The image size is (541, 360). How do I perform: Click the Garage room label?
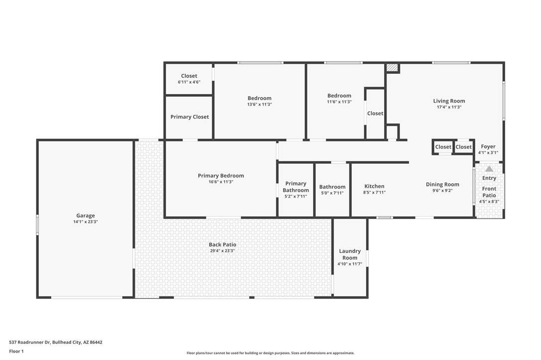click(86, 216)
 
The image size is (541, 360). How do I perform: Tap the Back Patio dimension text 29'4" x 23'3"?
click(222, 250)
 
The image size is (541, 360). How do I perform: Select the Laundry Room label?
click(350, 254)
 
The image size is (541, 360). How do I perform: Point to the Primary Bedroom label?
click(221, 175)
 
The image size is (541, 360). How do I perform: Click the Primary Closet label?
click(189, 117)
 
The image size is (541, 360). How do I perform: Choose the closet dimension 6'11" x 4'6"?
click(189, 82)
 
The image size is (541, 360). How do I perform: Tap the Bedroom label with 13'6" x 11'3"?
click(260, 98)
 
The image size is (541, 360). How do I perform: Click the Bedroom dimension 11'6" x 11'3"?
click(339, 102)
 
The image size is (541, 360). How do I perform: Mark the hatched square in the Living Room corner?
click(392, 68)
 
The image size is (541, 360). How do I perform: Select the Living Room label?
click(449, 101)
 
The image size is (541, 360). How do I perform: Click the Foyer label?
click(488, 146)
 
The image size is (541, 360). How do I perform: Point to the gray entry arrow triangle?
click(489, 169)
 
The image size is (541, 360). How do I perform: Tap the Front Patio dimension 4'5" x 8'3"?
click(489, 202)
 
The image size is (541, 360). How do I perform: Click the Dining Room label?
click(442, 185)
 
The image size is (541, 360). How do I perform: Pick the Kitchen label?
click(374, 186)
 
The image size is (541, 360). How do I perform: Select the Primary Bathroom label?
click(296, 187)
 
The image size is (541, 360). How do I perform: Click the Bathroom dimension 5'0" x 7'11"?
click(332, 193)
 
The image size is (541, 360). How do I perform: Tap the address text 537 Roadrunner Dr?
click(30, 343)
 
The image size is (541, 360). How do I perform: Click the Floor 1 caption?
click(16, 352)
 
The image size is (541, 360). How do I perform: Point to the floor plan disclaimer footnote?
click(270, 353)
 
